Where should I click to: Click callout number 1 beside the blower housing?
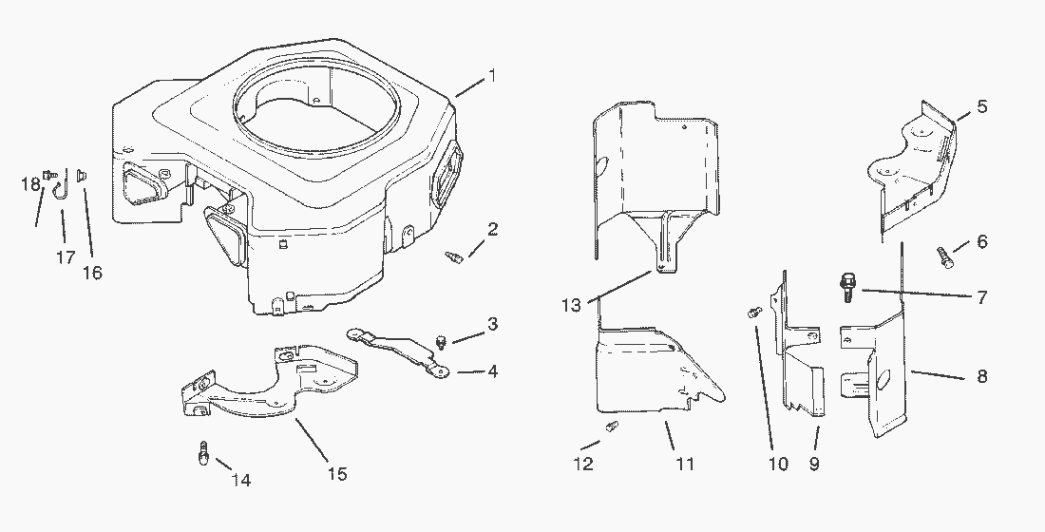492,76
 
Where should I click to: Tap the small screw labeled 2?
453,256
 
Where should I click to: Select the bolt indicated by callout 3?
441,342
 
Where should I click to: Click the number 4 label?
492,371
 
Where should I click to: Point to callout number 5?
981,106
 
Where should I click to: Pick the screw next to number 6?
945,257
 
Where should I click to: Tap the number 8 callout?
981,376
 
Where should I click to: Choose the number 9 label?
814,464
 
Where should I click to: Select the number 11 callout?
685,464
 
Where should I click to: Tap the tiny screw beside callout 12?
611,426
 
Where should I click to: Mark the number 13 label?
571,305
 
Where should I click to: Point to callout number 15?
337,474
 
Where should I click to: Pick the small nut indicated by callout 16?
83,176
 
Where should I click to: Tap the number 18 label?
30,184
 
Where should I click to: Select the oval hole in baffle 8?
883,380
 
